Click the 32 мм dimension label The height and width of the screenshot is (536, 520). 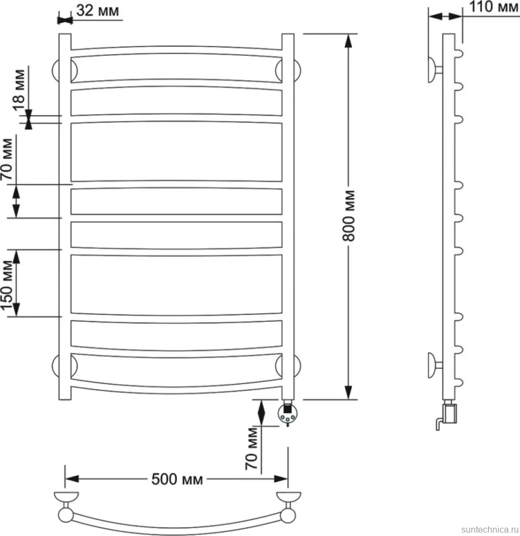97,10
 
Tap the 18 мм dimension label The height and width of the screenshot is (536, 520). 19,90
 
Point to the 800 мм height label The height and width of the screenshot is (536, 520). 349,216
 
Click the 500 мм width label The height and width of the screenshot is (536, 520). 177,479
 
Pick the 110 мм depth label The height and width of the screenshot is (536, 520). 493,7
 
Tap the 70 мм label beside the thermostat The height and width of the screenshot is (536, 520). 252,448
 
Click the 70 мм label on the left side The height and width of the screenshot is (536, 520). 7,159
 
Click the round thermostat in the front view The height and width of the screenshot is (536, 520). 288,414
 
